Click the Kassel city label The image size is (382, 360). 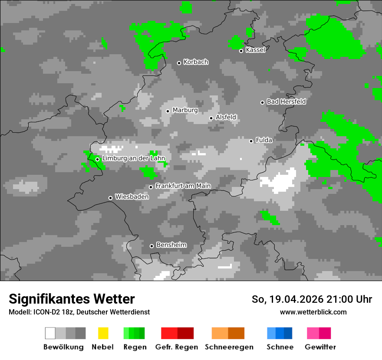255,50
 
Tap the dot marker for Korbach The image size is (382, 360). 179,63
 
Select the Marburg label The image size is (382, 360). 185,110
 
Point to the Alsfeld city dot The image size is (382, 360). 211,118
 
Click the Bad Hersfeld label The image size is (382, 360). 286,102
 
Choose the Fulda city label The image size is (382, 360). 264,140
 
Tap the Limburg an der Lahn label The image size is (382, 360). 134,159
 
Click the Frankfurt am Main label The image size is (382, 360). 183,186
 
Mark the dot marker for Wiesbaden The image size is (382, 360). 110,198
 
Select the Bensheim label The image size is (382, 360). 171,245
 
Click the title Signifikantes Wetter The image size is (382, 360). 72,299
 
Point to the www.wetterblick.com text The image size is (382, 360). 313,312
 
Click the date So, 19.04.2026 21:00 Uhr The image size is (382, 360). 312,299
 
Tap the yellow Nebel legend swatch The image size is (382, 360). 103,333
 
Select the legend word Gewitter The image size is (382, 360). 320,347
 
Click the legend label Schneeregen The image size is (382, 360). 229,347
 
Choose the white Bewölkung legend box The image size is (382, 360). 50,333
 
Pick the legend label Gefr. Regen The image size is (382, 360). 177,347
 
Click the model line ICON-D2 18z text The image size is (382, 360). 79,312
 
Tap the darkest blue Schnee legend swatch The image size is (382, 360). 288,333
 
